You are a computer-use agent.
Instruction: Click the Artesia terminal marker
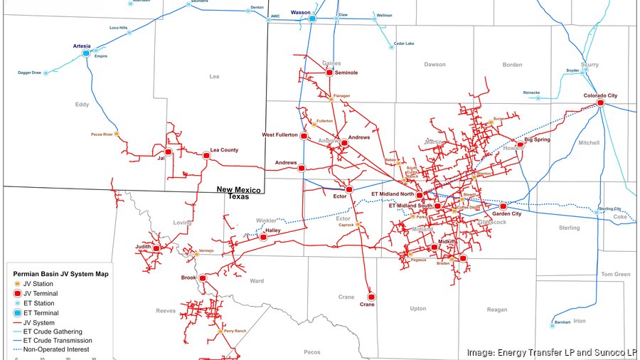[x=86, y=53]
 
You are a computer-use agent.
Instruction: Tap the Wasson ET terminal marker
[x=312, y=18]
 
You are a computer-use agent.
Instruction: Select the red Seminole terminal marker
[x=329, y=73]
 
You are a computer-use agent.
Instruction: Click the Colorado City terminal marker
[x=600, y=103]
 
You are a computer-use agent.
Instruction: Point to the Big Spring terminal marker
[x=520, y=144]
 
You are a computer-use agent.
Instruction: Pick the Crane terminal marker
[x=370, y=296]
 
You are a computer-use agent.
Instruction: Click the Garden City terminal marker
[x=503, y=206]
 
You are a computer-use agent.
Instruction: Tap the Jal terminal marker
[x=169, y=152]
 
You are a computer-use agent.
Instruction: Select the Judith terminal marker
[x=156, y=248]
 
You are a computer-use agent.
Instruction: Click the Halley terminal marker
[x=263, y=237]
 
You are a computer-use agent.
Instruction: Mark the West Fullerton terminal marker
[x=304, y=135]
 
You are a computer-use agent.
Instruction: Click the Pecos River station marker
[x=117, y=134]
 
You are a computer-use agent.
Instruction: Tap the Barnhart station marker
[x=553, y=325]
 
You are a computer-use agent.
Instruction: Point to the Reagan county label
[x=497, y=309]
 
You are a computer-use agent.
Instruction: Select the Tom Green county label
[x=616, y=274]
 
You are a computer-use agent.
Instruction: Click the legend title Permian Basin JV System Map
[x=58, y=273]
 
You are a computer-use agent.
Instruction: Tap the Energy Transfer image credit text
[x=551, y=352]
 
